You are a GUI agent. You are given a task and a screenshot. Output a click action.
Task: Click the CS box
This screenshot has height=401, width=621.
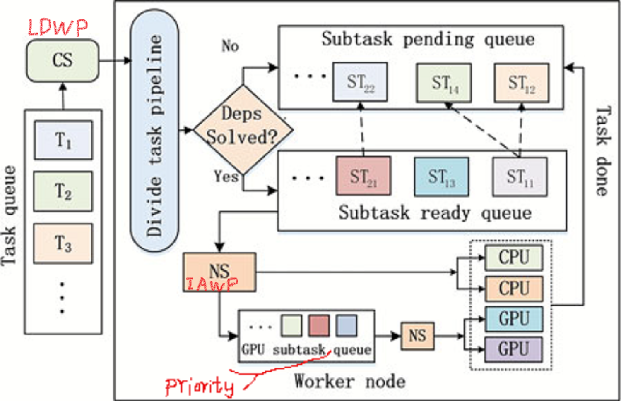tap(63, 60)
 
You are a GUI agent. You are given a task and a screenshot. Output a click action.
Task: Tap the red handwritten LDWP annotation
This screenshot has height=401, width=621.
tap(58, 28)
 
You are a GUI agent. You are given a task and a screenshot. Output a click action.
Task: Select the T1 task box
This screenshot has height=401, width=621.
tap(63, 140)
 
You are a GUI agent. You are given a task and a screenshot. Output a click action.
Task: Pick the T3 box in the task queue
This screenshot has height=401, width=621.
tap(63, 243)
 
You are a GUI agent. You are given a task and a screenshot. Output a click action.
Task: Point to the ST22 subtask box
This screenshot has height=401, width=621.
tap(360, 82)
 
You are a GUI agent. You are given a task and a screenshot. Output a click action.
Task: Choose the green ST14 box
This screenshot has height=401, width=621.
tap(443, 83)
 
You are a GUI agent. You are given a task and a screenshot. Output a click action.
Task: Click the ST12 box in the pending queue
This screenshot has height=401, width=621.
tap(521, 83)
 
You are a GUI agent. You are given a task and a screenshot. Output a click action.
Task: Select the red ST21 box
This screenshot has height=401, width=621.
tap(363, 176)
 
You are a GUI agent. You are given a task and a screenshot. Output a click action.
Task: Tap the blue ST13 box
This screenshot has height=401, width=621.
tap(441, 177)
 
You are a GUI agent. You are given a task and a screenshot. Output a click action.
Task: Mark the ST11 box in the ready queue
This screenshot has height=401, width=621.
tap(520, 177)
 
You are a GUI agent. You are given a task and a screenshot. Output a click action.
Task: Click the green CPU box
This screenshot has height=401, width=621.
tap(513, 257)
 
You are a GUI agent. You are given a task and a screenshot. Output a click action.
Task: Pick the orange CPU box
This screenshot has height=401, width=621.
tap(513, 288)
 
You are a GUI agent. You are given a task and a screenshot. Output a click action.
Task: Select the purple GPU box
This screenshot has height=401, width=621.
tap(513, 349)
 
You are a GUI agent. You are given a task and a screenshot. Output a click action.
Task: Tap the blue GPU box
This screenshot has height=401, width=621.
tap(513, 319)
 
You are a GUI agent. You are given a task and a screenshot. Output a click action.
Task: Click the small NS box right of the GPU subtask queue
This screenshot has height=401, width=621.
tap(417, 336)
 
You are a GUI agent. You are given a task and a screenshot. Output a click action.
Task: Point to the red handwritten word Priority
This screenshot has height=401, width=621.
tap(199, 387)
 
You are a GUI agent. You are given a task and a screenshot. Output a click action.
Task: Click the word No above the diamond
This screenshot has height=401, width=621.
tap(230, 45)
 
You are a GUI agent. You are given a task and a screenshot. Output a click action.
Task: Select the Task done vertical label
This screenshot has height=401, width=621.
tap(602, 151)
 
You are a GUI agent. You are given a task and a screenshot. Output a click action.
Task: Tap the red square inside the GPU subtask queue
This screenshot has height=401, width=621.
tap(319, 325)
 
